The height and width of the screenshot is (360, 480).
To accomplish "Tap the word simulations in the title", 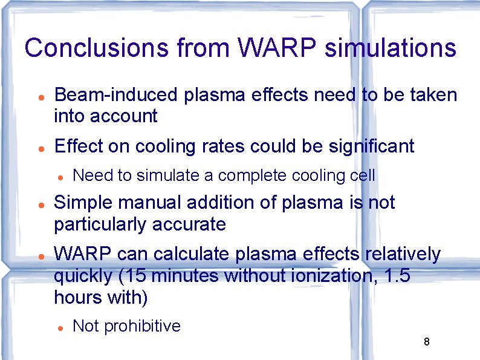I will pos(390,48).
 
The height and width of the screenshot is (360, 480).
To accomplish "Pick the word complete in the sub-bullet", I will pos(253,175).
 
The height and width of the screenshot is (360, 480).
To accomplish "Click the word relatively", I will pos(403,255).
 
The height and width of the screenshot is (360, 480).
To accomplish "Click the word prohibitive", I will pos(143,326).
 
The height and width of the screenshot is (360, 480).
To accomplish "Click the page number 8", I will pos(426,342).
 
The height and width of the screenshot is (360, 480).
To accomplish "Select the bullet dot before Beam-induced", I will pos(39,97).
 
